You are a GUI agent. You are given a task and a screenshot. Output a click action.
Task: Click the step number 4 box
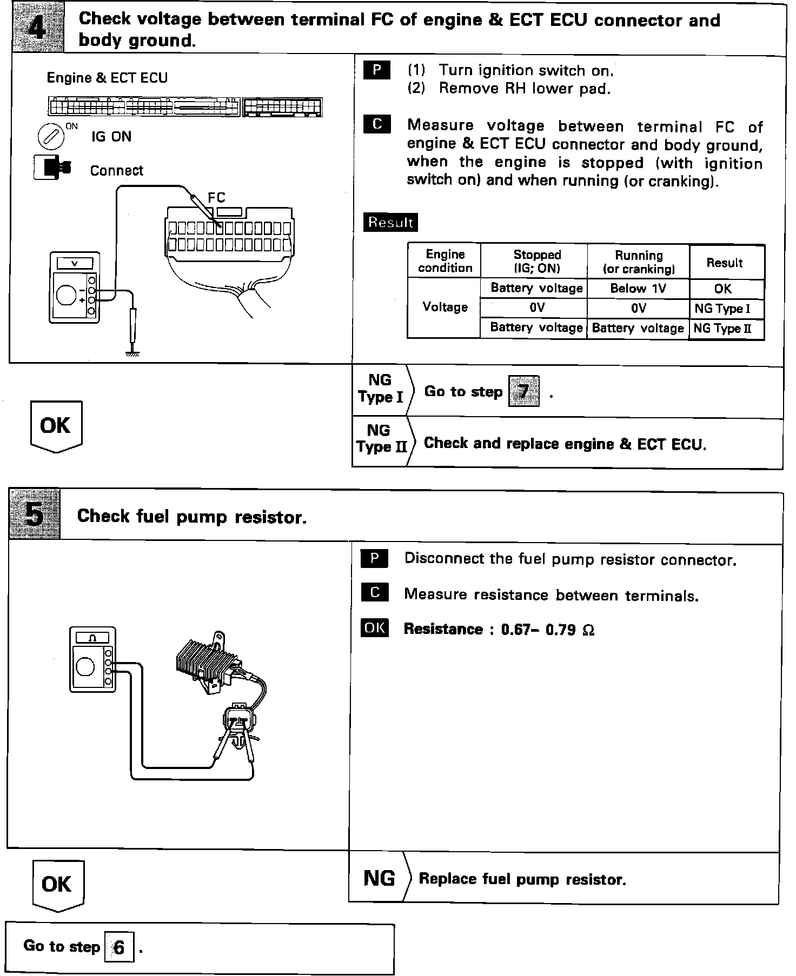coord(37,27)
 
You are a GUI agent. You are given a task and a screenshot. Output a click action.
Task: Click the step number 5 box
coord(34,514)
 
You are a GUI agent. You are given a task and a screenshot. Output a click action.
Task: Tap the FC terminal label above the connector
coord(216,198)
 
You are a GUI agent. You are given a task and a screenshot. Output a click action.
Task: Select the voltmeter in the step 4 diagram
coord(74,287)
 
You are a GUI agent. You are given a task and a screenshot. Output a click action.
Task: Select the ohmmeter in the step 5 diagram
coord(92,659)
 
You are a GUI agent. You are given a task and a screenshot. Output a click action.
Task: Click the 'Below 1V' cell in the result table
coord(638,289)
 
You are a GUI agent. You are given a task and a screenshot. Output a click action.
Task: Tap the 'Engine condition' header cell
coord(445,261)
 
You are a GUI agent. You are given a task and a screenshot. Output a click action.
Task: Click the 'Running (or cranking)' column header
coord(639,262)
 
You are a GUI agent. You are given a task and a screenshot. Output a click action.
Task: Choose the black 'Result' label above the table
coord(390,222)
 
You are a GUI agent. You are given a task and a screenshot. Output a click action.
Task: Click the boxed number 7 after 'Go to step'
coord(523,391)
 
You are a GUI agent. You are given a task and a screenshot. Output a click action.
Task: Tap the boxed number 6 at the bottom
coord(119,947)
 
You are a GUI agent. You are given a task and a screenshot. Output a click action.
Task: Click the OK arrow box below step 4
coord(56,426)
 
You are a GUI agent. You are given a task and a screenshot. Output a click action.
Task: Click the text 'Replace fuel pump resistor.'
coord(522,879)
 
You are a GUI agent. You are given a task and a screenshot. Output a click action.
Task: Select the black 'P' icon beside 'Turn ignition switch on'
coord(377,70)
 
